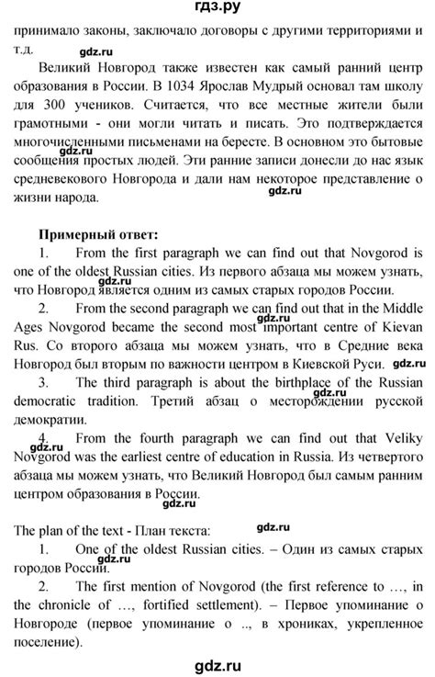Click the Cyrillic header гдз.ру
coord(217,9)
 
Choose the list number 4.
coord(45,447)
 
